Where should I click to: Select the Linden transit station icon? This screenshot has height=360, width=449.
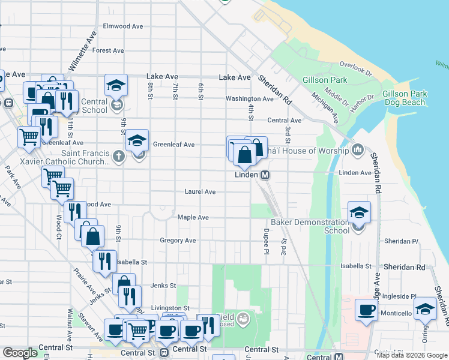pos(264,175)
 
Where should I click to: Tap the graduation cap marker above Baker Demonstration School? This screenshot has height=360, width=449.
pos(359,213)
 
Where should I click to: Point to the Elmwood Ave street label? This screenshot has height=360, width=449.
pos(122,26)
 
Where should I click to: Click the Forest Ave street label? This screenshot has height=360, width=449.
pos(108,51)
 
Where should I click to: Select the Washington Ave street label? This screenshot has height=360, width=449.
pos(249,99)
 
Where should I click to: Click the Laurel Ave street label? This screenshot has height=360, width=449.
pos(200,192)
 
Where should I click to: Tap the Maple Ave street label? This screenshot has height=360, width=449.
pos(193,217)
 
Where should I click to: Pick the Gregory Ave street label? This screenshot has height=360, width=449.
pos(178,241)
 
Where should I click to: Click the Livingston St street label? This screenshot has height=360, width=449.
pos(170,308)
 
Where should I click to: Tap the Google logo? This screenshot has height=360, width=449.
pos(20,353)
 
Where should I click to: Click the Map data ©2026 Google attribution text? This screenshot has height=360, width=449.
pos(412,355)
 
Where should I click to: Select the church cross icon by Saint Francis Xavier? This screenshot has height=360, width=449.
pos(119,157)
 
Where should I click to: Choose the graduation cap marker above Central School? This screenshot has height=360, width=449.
pos(116,86)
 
